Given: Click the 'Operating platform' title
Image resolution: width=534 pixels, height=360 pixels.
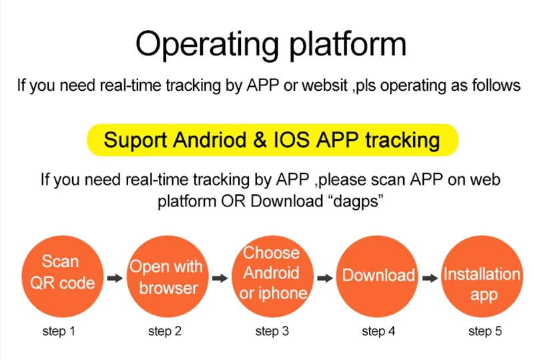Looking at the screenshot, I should pos(270,44).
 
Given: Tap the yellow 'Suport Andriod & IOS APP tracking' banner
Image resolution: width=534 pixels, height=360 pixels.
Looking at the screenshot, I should pos(272,140).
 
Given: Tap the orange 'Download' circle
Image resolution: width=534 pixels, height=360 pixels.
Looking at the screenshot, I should pos(378,276).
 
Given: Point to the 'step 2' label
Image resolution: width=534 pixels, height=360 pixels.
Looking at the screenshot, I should pos(164,331).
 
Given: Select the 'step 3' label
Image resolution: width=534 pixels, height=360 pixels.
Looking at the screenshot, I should pos(272,331).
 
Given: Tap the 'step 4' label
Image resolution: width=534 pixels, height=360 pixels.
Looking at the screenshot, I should pos(378,331).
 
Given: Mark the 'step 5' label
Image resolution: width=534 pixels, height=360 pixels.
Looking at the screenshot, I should pos(485,331).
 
